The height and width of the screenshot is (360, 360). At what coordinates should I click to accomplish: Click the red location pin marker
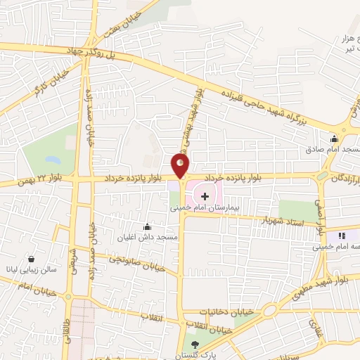(181, 166)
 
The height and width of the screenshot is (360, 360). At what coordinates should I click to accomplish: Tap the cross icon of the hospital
(205, 195)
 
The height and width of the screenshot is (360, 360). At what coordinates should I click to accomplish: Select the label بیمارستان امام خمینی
(205, 209)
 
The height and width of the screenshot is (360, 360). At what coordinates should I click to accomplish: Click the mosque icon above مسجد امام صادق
(335, 139)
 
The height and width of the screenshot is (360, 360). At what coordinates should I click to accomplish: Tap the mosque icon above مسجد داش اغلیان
(146, 226)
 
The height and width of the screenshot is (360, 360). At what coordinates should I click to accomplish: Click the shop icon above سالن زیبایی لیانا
(30, 258)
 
